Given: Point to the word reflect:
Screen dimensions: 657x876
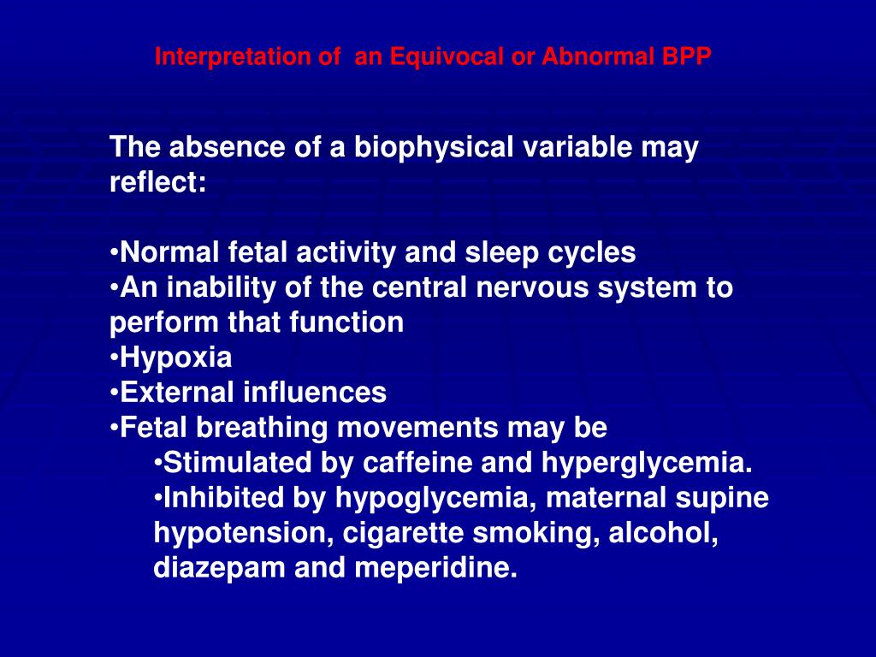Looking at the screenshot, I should [157, 183].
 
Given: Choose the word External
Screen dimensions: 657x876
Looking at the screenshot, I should [177, 393].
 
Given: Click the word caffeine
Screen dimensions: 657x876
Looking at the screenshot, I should [417, 463].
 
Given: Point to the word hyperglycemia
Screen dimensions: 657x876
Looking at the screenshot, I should [647, 463].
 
